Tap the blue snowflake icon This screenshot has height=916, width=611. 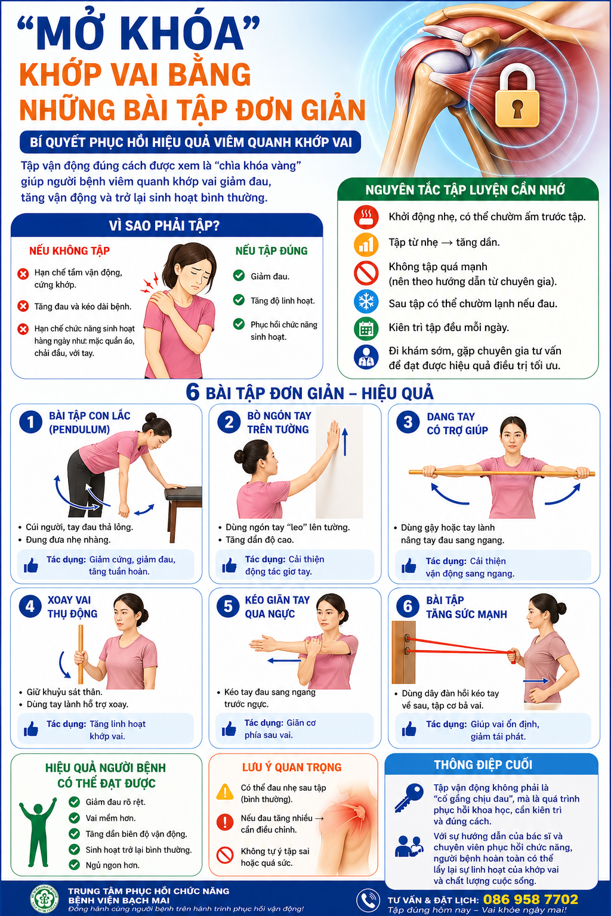[x=366, y=302]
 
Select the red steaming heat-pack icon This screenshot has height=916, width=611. [x=366, y=216]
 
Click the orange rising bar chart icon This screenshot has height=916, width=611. [x=366, y=244]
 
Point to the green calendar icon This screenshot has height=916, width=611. [x=366, y=329]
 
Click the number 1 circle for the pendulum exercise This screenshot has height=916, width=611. [x=30, y=422]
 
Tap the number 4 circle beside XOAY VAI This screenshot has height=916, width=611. [x=30, y=606]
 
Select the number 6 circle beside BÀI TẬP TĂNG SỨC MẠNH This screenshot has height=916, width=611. [x=408, y=606]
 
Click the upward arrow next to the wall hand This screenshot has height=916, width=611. [x=345, y=442]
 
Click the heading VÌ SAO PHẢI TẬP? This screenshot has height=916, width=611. [x=164, y=226]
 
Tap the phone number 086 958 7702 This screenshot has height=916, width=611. [x=530, y=899]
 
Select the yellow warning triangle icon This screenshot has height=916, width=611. [x=225, y=792]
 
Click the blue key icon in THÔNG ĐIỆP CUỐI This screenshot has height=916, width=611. [x=409, y=797]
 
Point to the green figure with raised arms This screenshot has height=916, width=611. [x=38, y=832]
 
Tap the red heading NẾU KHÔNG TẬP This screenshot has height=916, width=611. [x=70, y=250]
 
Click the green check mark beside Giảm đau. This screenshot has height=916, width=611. [x=239, y=276]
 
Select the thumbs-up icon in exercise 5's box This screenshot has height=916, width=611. [x=229, y=729]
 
